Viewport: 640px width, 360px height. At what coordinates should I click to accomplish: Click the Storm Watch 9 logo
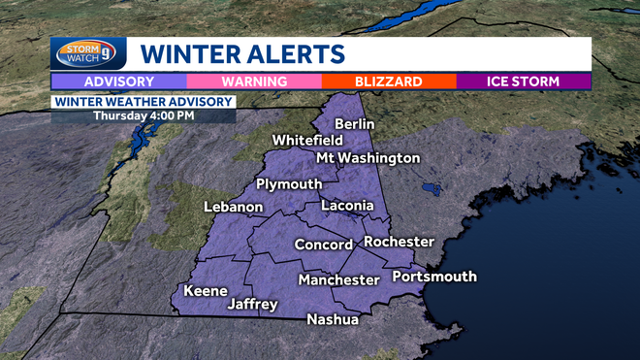(88, 53)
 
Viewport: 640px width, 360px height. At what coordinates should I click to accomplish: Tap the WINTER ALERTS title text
(242, 53)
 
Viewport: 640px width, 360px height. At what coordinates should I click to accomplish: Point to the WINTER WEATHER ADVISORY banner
(143, 101)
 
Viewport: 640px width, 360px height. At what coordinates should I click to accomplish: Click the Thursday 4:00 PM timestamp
(143, 115)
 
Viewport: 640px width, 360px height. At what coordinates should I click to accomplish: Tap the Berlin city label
(355, 124)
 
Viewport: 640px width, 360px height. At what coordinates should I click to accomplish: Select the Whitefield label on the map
(307, 141)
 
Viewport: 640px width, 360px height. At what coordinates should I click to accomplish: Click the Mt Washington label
(368, 158)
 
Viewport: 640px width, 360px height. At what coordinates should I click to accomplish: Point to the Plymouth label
(289, 184)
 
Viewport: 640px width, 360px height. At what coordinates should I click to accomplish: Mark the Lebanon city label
(234, 207)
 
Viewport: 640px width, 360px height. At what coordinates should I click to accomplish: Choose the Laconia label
(347, 206)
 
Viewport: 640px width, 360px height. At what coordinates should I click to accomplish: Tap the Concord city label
(323, 245)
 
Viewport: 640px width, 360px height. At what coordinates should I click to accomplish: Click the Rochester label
(399, 242)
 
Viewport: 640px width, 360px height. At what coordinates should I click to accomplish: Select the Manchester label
(338, 280)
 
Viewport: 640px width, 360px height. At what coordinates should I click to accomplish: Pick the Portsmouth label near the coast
(434, 277)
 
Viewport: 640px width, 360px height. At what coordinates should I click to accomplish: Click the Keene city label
(206, 291)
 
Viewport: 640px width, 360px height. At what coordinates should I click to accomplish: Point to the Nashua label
(333, 320)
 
